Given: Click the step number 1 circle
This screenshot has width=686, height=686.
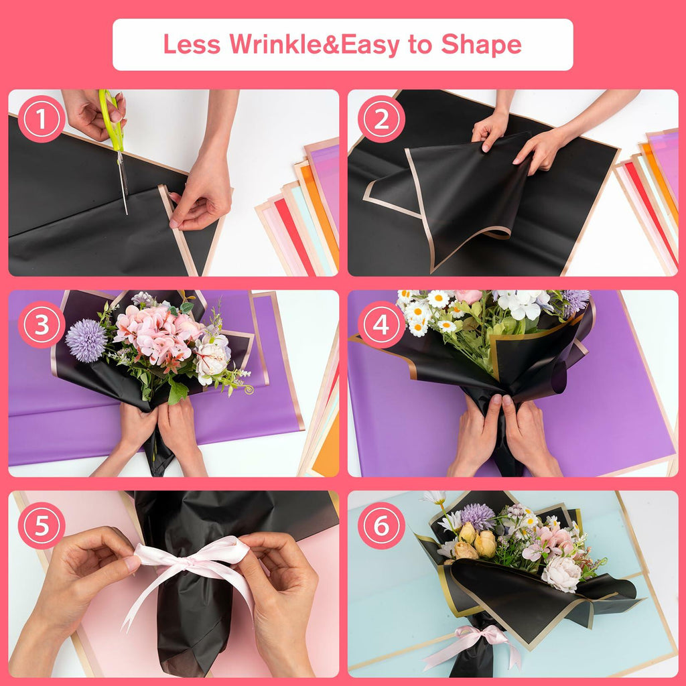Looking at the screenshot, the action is point(41,119).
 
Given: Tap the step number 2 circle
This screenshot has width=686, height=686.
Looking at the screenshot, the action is point(381,119).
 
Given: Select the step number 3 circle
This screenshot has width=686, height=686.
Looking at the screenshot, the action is point(41,325).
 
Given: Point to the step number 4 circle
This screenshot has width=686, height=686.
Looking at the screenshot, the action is point(381,325).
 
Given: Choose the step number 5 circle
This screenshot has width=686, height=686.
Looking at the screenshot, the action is point(41,525).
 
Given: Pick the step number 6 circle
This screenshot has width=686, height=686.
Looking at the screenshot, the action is point(381,525).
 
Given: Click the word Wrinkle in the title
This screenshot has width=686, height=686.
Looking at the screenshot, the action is point(275,44).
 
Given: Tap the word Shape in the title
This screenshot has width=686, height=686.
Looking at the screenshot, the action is point(481,45).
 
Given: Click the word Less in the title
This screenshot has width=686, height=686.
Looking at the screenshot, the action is point(192,44).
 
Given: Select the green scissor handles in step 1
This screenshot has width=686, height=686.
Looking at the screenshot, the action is point(112,118).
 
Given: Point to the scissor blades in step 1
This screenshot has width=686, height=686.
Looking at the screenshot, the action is point(123,182).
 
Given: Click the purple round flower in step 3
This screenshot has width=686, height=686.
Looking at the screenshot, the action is point(86,340).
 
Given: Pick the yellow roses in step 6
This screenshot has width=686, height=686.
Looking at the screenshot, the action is point(476,540).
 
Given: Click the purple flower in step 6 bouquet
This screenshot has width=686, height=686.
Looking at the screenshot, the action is point(478,517).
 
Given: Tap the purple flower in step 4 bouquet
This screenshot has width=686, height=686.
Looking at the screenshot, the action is point(576,301).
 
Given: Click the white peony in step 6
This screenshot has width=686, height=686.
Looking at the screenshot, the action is point(562,573).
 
